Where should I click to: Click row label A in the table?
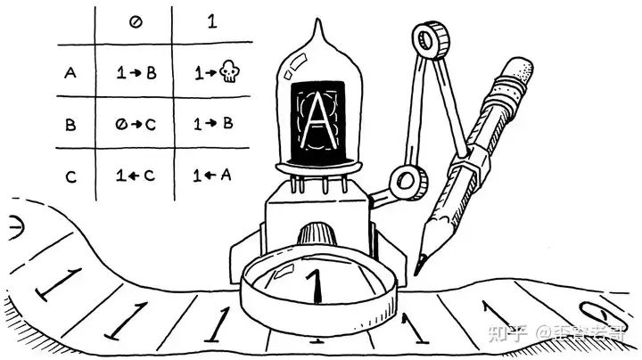pyautogui.click(x=70, y=74)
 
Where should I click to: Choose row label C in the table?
pyautogui.click(x=70, y=176)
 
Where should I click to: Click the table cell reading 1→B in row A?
pyautogui.click(x=136, y=74)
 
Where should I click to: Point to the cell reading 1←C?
pyautogui.click(x=136, y=176)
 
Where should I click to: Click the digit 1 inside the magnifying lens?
pyautogui.click(x=313, y=285)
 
